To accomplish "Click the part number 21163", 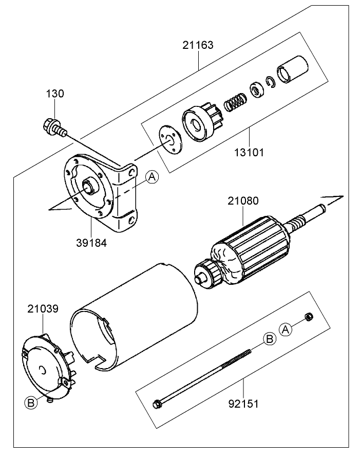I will tap(198, 45).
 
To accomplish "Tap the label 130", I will tap(55, 94).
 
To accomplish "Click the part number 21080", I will tap(243, 201).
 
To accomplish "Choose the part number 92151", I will tap(243, 403).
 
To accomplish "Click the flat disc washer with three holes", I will tap(170, 140).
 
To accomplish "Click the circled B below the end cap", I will tap(31, 403).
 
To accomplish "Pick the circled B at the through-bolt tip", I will tap(269, 338).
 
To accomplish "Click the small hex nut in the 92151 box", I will tap(309, 317).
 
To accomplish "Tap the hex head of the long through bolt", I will tap(157, 404).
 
